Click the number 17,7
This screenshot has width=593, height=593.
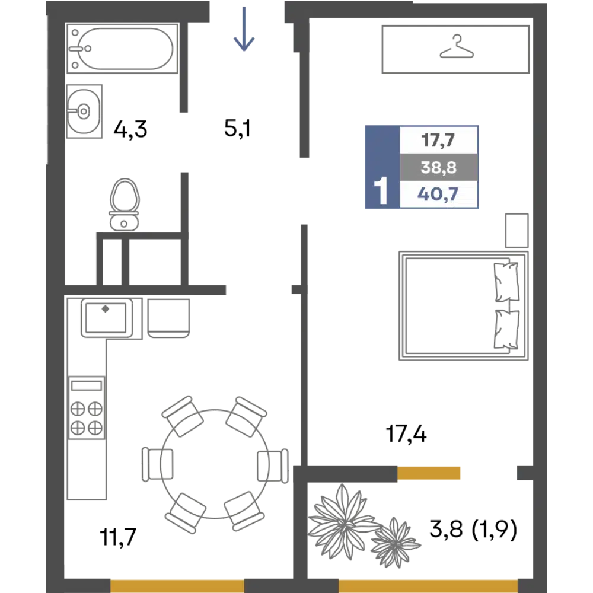[x=438, y=141]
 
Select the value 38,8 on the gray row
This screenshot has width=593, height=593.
[x=438, y=168]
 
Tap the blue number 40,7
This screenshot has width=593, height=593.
[x=438, y=194]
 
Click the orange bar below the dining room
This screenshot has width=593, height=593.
[x=177, y=582]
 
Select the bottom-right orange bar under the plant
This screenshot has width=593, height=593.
[x=428, y=582]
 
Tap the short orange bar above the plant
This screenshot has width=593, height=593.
[x=454, y=474]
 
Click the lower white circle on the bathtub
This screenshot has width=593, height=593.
[x=75, y=65]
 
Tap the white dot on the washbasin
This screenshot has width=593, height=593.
[x=84, y=111]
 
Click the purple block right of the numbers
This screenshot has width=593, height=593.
[x=504, y=167]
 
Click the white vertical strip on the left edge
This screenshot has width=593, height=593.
[x=45, y=89]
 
